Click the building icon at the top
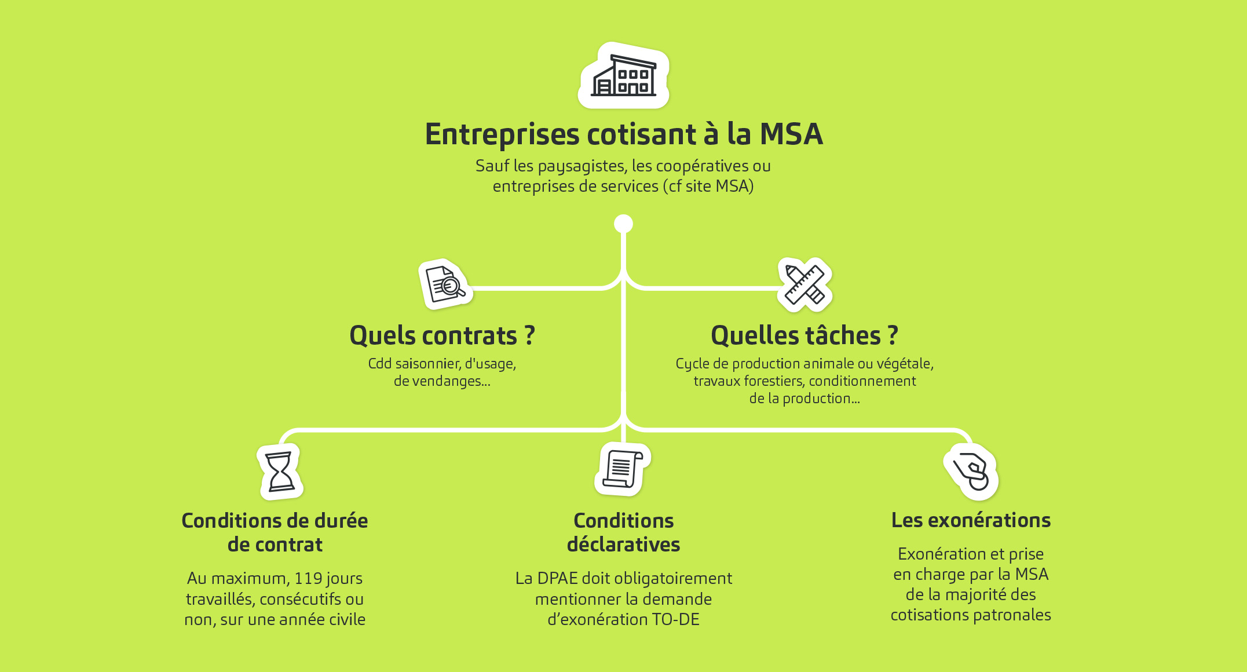[x=624, y=76]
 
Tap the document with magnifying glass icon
[x=445, y=284]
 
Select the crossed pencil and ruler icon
[x=804, y=284]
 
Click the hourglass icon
[x=280, y=472]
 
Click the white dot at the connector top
[x=623, y=224]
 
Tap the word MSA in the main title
[x=791, y=134]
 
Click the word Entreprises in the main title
[x=502, y=135]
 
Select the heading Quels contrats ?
[x=442, y=335]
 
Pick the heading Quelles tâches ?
[x=804, y=335]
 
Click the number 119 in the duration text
[x=308, y=578]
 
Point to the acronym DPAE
[x=557, y=578]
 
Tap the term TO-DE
[x=675, y=619]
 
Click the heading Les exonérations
[x=971, y=520]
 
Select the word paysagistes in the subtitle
[x=582, y=167]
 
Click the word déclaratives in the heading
[x=623, y=545]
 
